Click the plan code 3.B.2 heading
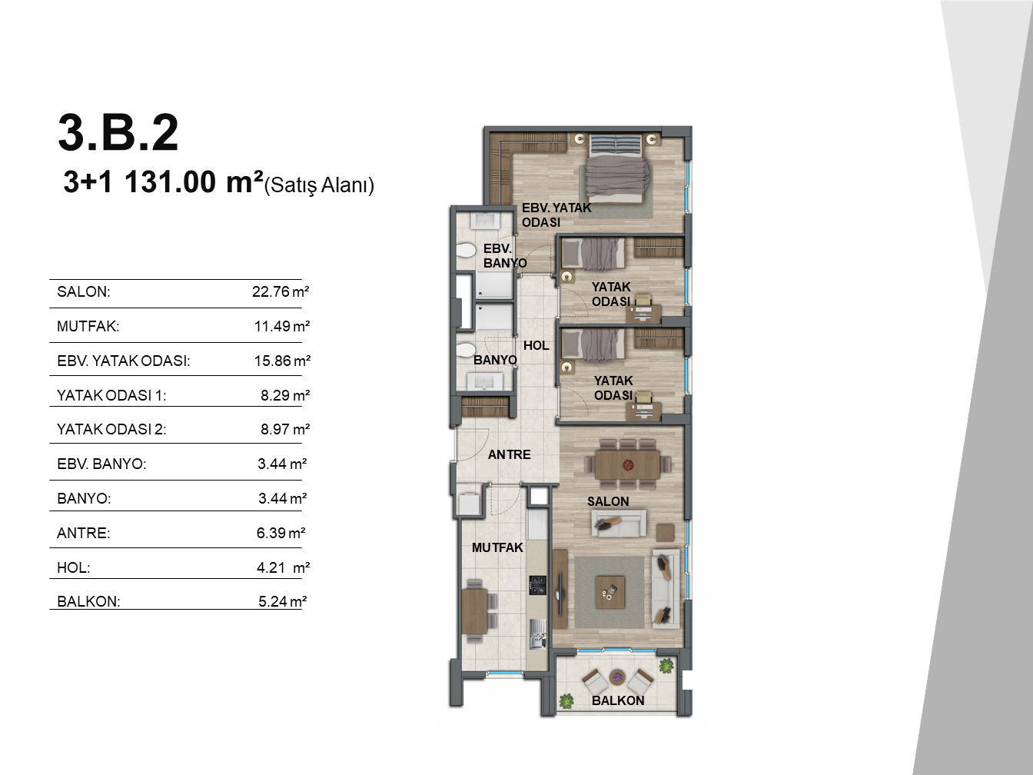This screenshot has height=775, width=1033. coord(118,132)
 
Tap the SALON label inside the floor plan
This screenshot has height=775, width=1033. coord(608,501)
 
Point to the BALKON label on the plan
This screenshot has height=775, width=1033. coord(618,700)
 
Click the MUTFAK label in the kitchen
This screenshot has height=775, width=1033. coord(497,547)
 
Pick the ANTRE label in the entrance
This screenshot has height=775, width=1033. coord(510,454)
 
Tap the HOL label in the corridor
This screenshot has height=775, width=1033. coord(536,345)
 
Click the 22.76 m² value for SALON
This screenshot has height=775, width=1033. coord(281,291)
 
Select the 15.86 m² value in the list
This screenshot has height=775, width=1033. coord(282,361)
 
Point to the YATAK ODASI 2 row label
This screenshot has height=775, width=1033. coord(111,429)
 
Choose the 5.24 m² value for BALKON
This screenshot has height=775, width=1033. coord(282,601)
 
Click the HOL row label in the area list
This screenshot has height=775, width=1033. coord(74,567)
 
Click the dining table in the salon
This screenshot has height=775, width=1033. coord(627,465)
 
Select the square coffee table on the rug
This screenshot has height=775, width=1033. coord(610,593)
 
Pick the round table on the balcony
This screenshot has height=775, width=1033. coord(617,678)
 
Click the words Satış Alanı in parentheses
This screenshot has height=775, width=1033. coord(319,185)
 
